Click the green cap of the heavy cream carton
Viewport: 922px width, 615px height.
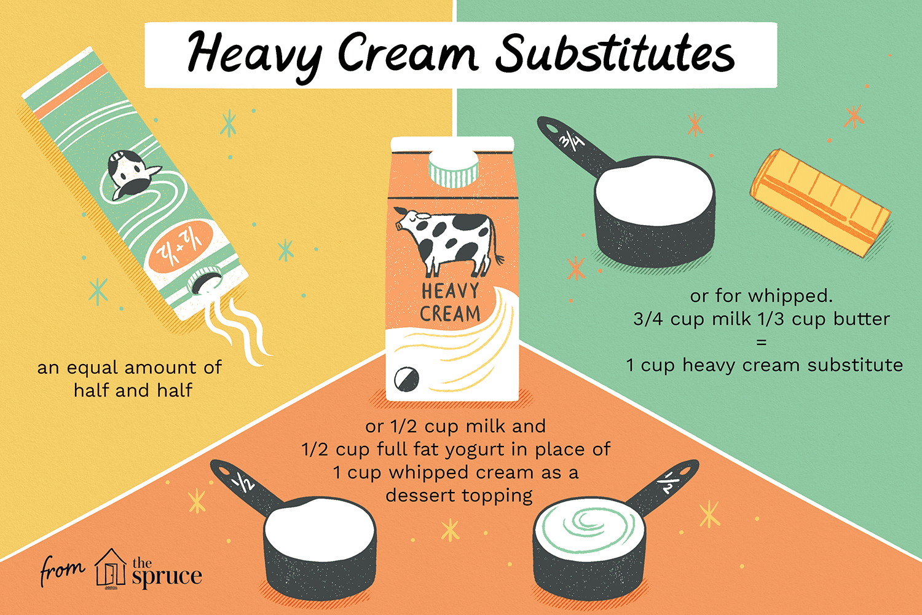coord(454,166)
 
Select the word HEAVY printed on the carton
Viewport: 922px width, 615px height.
coord(450,290)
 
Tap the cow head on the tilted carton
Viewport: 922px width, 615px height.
coord(130,172)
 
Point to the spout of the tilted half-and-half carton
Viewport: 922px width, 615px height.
coord(203,283)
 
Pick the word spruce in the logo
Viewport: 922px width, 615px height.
coord(167,577)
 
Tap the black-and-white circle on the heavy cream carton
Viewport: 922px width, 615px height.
coord(406,377)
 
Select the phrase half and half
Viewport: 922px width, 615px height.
coord(133,391)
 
